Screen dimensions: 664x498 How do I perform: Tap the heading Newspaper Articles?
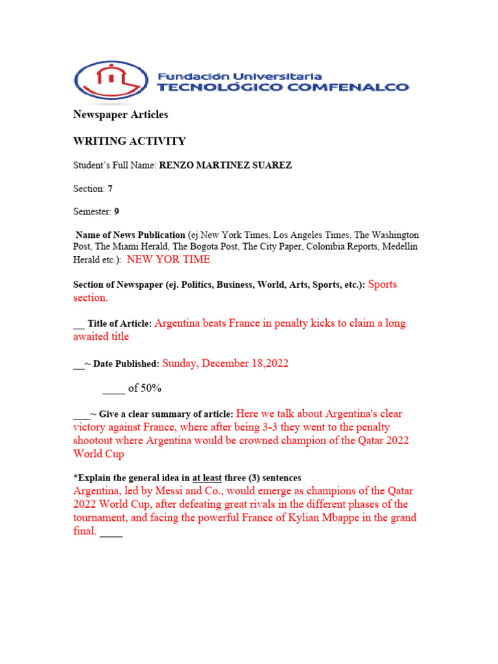(120, 115)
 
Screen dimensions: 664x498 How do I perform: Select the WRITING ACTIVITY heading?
(129, 141)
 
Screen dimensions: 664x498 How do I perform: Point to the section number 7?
(110, 189)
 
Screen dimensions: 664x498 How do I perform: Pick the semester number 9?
(117, 212)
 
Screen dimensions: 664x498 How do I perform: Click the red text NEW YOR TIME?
(169, 259)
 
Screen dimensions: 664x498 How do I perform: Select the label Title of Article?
(120, 324)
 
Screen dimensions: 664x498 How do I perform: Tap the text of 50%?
(145, 388)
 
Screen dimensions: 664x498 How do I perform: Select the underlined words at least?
(207, 478)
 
